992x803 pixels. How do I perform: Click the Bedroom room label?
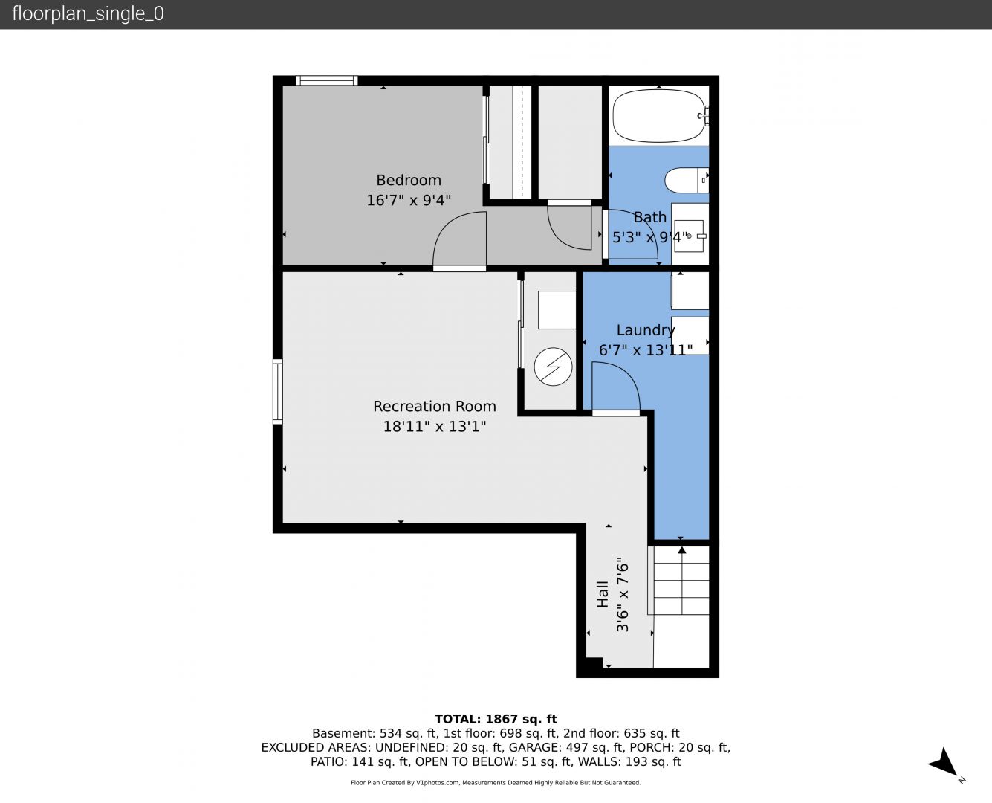pyautogui.click(x=409, y=180)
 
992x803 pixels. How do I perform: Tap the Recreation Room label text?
pyautogui.click(x=435, y=407)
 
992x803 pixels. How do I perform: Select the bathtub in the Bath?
pyautogui.click(x=658, y=115)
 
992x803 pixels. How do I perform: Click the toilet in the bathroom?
pyautogui.click(x=686, y=180)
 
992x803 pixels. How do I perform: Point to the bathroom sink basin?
pyautogui.click(x=689, y=236)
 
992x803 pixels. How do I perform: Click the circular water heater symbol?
pyautogui.click(x=553, y=367)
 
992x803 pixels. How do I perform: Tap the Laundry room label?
pyautogui.click(x=646, y=330)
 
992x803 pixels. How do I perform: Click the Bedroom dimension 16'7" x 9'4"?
pyautogui.click(x=409, y=201)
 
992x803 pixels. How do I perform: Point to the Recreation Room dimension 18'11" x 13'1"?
pyautogui.click(x=435, y=427)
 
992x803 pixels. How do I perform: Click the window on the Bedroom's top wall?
pyautogui.click(x=326, y=80)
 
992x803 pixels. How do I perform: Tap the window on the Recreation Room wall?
pyautogui.click(x=278, y=392)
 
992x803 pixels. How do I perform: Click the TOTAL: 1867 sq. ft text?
pyautogui.click(x=496, y=719)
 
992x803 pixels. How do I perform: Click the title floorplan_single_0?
pyautogui.click(x=88, y=14)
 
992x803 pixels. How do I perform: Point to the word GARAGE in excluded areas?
pyautogui.click(x=535, y=747)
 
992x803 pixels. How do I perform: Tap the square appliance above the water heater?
pyautogui.click(x=557, y=310)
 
